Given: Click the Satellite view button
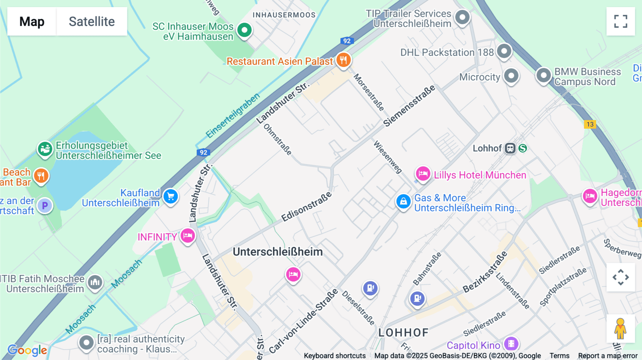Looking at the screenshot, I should click(92, 21).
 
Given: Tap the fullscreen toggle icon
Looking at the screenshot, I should click(621, 21).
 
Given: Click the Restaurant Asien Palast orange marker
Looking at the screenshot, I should click(343, 60).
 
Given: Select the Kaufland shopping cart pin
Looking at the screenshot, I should click(170, 196).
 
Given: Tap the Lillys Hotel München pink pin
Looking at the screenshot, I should click(423, 174).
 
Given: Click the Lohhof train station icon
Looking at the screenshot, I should click(510, 148).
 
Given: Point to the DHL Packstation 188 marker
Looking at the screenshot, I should click(504, 51).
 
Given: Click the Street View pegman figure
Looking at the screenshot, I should click(620, 329).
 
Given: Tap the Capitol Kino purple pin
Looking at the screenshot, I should click(511, 344).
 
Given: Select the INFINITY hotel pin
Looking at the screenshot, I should click(188, 236).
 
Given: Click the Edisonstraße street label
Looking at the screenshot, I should click(306, 207).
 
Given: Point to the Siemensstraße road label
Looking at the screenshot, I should click(409, 106).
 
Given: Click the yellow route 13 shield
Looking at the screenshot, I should click(590, 124).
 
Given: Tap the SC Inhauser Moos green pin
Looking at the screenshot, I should click(244, 30).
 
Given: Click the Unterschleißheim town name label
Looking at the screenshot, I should click(277, 252).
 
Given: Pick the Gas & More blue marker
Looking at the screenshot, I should click(403, 201).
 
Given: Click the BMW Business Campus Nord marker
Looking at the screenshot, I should click(544, 75).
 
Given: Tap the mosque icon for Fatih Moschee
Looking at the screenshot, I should click(95, 282).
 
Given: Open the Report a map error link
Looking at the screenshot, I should click(607, 355).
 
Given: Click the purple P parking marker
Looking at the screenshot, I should click(45, 206).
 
